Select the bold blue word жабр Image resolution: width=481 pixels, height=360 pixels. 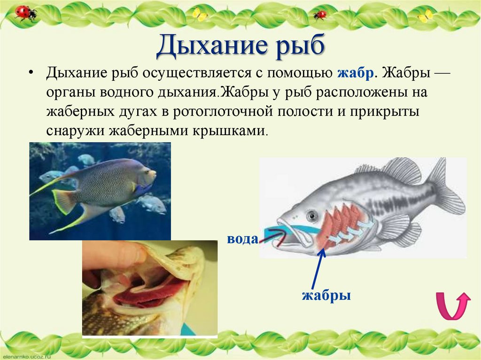tap(355, 73)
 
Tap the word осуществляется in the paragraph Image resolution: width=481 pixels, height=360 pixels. tap(204, 73)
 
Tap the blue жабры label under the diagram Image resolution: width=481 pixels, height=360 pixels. tap(326, 296)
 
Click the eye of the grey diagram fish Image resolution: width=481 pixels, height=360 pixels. tap(311, 215)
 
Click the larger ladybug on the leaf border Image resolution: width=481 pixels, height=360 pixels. tap(25, 12)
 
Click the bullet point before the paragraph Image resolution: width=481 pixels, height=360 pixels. tap(31, 74)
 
